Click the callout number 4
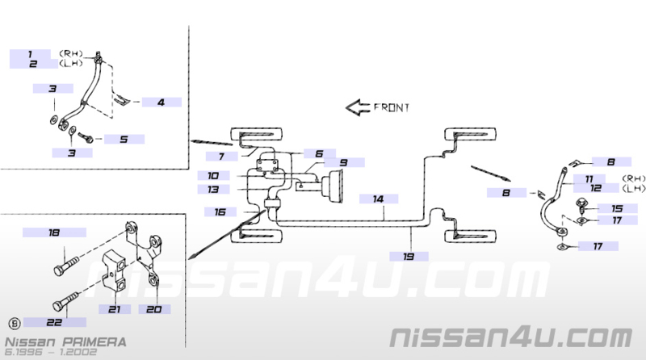[161, 103]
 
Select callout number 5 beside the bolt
[124, 139]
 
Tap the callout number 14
[378, 199]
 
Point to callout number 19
[409, 257]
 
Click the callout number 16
[220, 211]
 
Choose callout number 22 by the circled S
[54, 322]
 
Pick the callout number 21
[115, 309]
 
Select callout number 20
[154, 309]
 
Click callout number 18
[54, 232]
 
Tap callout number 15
[617, 208]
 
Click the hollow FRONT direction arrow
[357, 107]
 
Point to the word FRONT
[392, 107]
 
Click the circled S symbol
[15, 323]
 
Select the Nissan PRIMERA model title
[65, 342]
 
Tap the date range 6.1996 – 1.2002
[51, 352]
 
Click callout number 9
[344, 163]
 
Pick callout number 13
[213, 190]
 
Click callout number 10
[213, 175]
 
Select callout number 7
[221, 157]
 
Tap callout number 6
[319, 153]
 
